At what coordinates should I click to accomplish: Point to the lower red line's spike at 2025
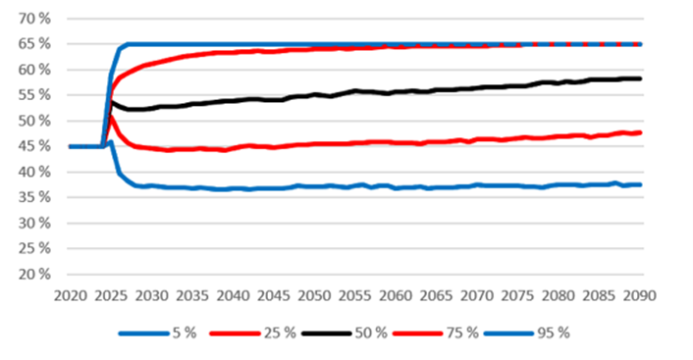click(x=111, y=117)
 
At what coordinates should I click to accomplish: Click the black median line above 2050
click(x=314, y=95)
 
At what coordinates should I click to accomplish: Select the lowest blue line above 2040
click(x=233, y=188)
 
